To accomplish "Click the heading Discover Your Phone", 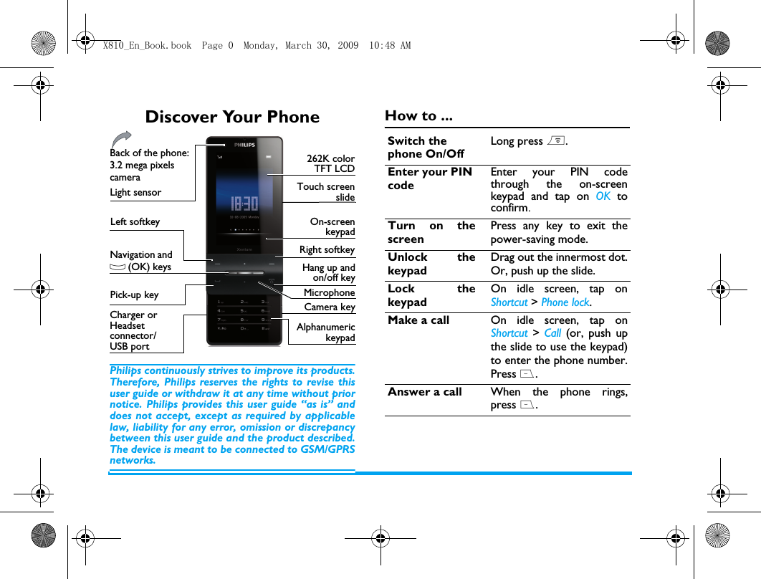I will point(232,117).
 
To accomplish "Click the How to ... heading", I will point(418,116).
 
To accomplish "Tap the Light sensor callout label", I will point(135,192).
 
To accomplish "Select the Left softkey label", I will point(135,222).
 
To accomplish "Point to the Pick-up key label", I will point(134,295).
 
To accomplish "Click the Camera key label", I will point(330,307).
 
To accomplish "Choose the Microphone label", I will point(329,292).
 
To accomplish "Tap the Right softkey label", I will point(327,249).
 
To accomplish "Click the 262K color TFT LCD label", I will point(330,163).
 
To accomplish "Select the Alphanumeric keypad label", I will point(326,332).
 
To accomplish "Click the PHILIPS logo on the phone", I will point(244,145).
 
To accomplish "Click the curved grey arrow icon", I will point(122,139).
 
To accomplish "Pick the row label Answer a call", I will point(425,392).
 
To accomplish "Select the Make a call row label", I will point(418,320).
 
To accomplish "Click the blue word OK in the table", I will point(603,196).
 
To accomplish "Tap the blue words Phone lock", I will point(565,302).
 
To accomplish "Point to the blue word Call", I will point(552,333).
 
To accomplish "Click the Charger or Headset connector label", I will point(133,330).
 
